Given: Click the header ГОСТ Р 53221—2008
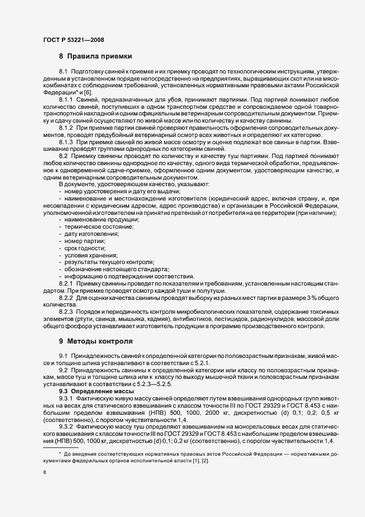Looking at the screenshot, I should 73,40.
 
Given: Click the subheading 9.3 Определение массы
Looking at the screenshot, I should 91,391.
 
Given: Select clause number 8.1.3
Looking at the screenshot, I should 66,143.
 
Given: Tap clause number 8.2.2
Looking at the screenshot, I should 66,298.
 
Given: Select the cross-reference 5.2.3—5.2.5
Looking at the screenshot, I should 165,384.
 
